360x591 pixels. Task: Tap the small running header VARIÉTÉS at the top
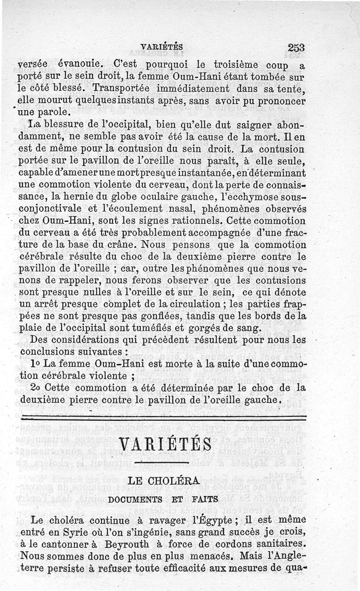[x=162, y=46]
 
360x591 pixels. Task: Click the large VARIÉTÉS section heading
[x=166, y=443]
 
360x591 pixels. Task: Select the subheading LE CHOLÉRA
[x=163, y=481]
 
